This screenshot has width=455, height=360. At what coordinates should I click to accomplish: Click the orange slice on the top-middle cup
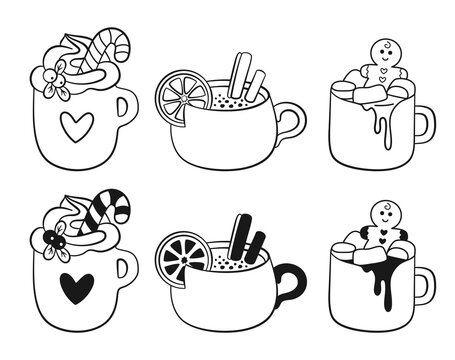[x=180, y=96]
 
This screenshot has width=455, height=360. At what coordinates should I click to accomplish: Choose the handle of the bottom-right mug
[x=423, y=283]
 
